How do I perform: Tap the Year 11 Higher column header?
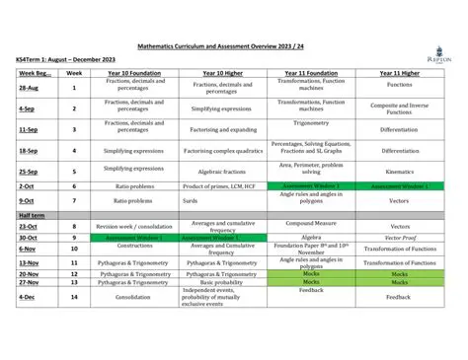coord(398,73)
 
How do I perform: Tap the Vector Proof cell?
coord(398,238)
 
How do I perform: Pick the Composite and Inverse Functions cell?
coord(398,108)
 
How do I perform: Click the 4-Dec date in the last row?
coord(27,297)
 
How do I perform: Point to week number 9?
coord(73,238)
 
